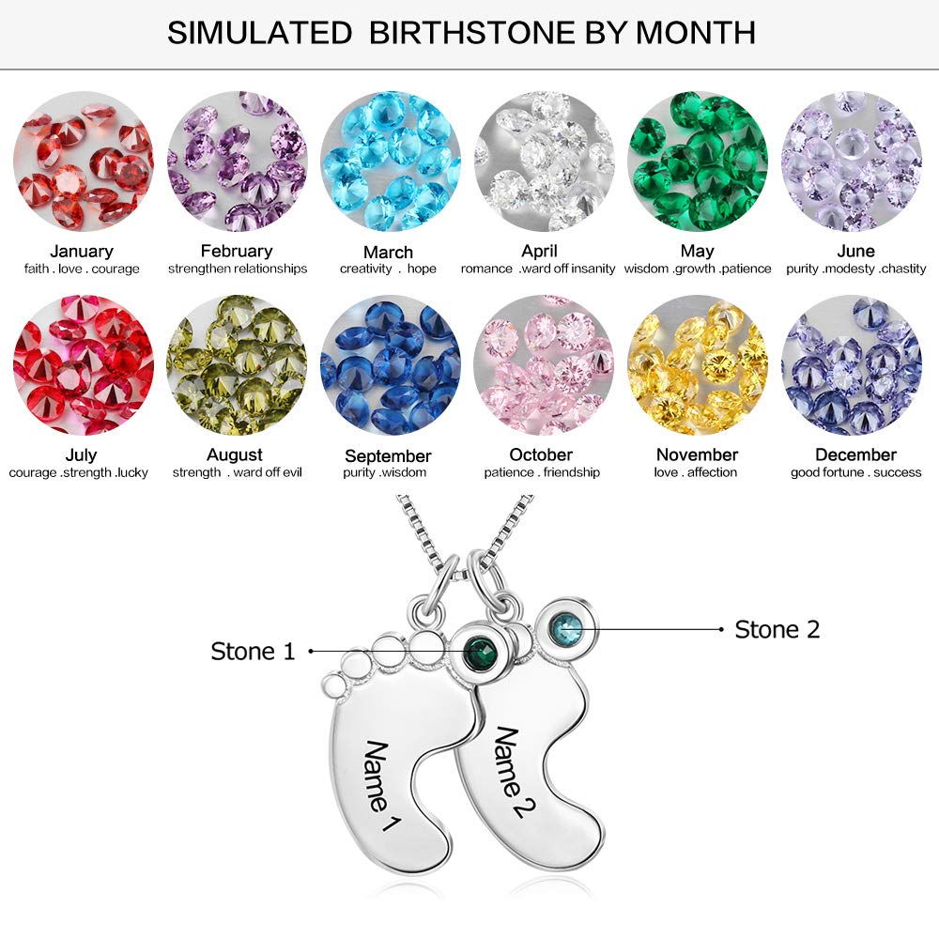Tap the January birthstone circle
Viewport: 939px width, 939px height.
pyautogui.click(x=83, y=162)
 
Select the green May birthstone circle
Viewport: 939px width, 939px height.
pyautogui.click(x=697, y=162)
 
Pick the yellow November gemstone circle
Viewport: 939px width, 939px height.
pyautogui.click(x=697, y=365)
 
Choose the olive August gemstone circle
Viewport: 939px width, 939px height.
pyautogui.click(x=236, y=365)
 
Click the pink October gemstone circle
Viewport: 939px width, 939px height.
pyautogui.click(x=543, y=365)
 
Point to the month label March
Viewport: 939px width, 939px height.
pyautogui.click(x=388, y=252)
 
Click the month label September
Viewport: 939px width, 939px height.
pyautogui.click(x=388, y=456)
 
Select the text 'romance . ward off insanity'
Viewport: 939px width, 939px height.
pyautogui.click(x=538, y=269)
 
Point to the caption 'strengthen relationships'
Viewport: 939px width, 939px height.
pyautogui.click(x=238, y=269)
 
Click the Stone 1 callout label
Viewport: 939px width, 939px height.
pyautogui.click(x=253, y=651)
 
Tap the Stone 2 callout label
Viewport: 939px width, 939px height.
pyautogui.click(x=777, y=629)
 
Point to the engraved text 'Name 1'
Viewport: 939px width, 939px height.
pyautogui.click(x=381, y=787)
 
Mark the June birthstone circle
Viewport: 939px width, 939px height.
pyautogui.click(x=851, y=162)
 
